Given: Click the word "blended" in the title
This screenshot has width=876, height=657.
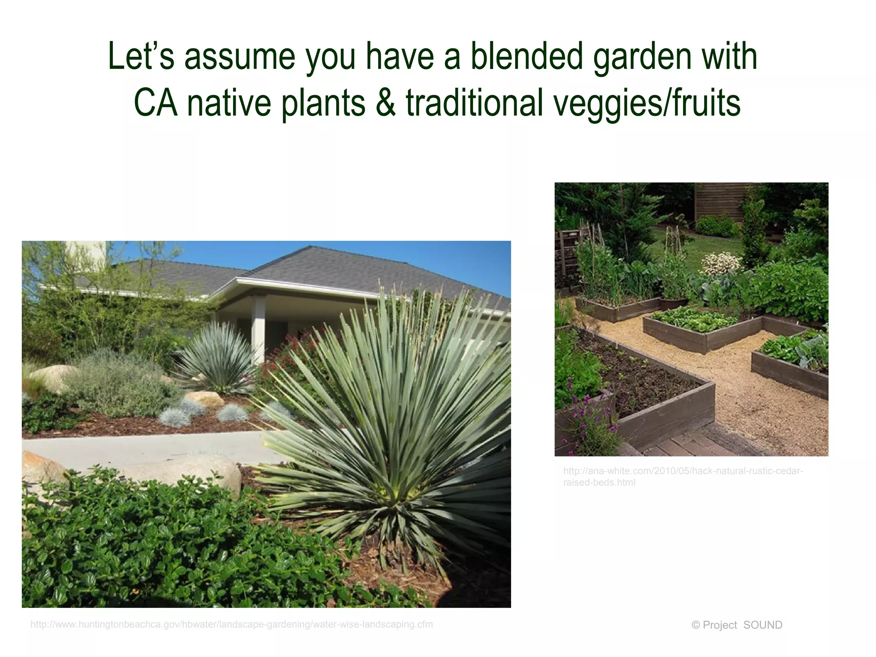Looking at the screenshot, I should pyautogui.click(x=527, y=56).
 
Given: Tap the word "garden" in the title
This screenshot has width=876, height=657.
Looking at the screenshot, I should pyautogui.click(x=642, y=57).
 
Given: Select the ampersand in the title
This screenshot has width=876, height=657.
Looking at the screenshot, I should pyautogui.click(x=385, y=103).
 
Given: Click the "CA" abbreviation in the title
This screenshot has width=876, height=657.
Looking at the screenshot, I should pyautogui.click(x=155, y=103).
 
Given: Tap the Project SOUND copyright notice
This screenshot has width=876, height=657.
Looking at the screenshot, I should pyautogui.click(x=737, y=625).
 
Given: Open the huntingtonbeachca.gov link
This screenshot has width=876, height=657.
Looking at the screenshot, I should pyautogui.click(x=231, y=624).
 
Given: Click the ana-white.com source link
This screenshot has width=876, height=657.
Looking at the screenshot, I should pyautogui.click(x=683, y=476).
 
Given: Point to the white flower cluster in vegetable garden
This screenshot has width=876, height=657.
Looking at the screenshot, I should pyautogui.click(x=721, y=263).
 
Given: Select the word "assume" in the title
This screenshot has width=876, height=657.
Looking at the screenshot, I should pyautogui.click(x=240, y=57).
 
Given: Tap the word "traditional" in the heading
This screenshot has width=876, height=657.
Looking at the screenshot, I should pyautogui.click(x=475, y=103).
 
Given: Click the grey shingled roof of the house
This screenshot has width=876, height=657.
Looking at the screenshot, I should pyautogui.click(x=325, y=265).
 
